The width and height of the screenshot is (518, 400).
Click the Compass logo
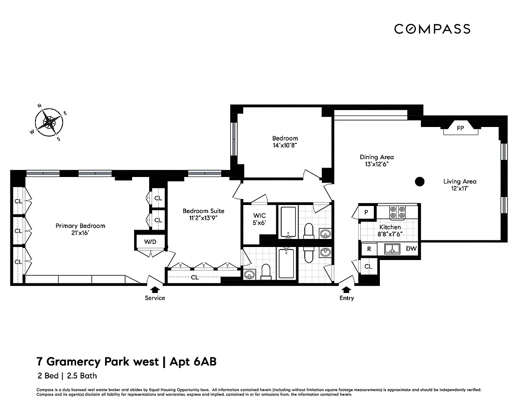click(432, 29)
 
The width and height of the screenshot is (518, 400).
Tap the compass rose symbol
click(49, 121)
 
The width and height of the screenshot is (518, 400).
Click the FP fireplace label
click(460, 128)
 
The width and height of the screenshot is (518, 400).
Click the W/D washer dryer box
click(150, 242)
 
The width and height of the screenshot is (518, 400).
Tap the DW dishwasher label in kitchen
click(411, 248)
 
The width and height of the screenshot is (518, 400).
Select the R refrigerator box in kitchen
click(369, 248)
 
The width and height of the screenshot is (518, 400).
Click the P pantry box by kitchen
click(366, 212)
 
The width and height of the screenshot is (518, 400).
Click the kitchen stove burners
click(397, 212)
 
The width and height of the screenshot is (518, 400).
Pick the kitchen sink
click(391, 248)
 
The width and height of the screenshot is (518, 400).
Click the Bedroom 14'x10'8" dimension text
click(285, 145)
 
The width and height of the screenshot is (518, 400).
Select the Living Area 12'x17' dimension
click(459, 188)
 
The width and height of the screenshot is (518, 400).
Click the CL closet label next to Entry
click(368, 266)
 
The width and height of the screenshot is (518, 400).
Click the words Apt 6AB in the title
click(193, 361)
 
